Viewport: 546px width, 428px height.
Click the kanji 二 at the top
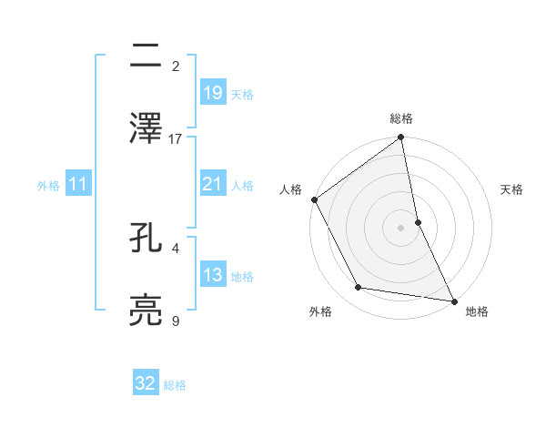click(x=147, y=57)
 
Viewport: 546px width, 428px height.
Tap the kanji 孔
click(x=147, y=238)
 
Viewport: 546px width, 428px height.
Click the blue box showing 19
click(x=212, y=93)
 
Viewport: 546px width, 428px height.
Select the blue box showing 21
click(x=212, y=185)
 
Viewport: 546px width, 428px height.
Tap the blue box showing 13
click(x=212, y=275)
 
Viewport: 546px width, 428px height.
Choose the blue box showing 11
click(x=77, y=185)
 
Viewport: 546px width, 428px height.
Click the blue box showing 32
click(x=146, y=383)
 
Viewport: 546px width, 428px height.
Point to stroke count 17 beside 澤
click(x=176, y=139)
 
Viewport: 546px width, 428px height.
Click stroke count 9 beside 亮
click(x=176, y=321)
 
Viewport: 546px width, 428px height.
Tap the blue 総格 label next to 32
click(x=175, y=385)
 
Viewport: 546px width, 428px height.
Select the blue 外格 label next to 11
click(x=48, y=186)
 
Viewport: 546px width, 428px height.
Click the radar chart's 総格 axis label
click(x=401, y=118)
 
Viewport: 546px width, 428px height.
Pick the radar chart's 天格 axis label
click(x=511, y=189)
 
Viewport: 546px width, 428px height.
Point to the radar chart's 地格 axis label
click(x=477, y=311)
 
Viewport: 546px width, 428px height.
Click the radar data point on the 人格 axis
click(x=315, y=199)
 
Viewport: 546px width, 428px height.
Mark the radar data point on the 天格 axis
click(x=418, y=222)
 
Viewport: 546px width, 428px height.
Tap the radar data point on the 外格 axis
click(x=359, y=288)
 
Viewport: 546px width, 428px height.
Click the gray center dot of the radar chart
click(x=401, y=228)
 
